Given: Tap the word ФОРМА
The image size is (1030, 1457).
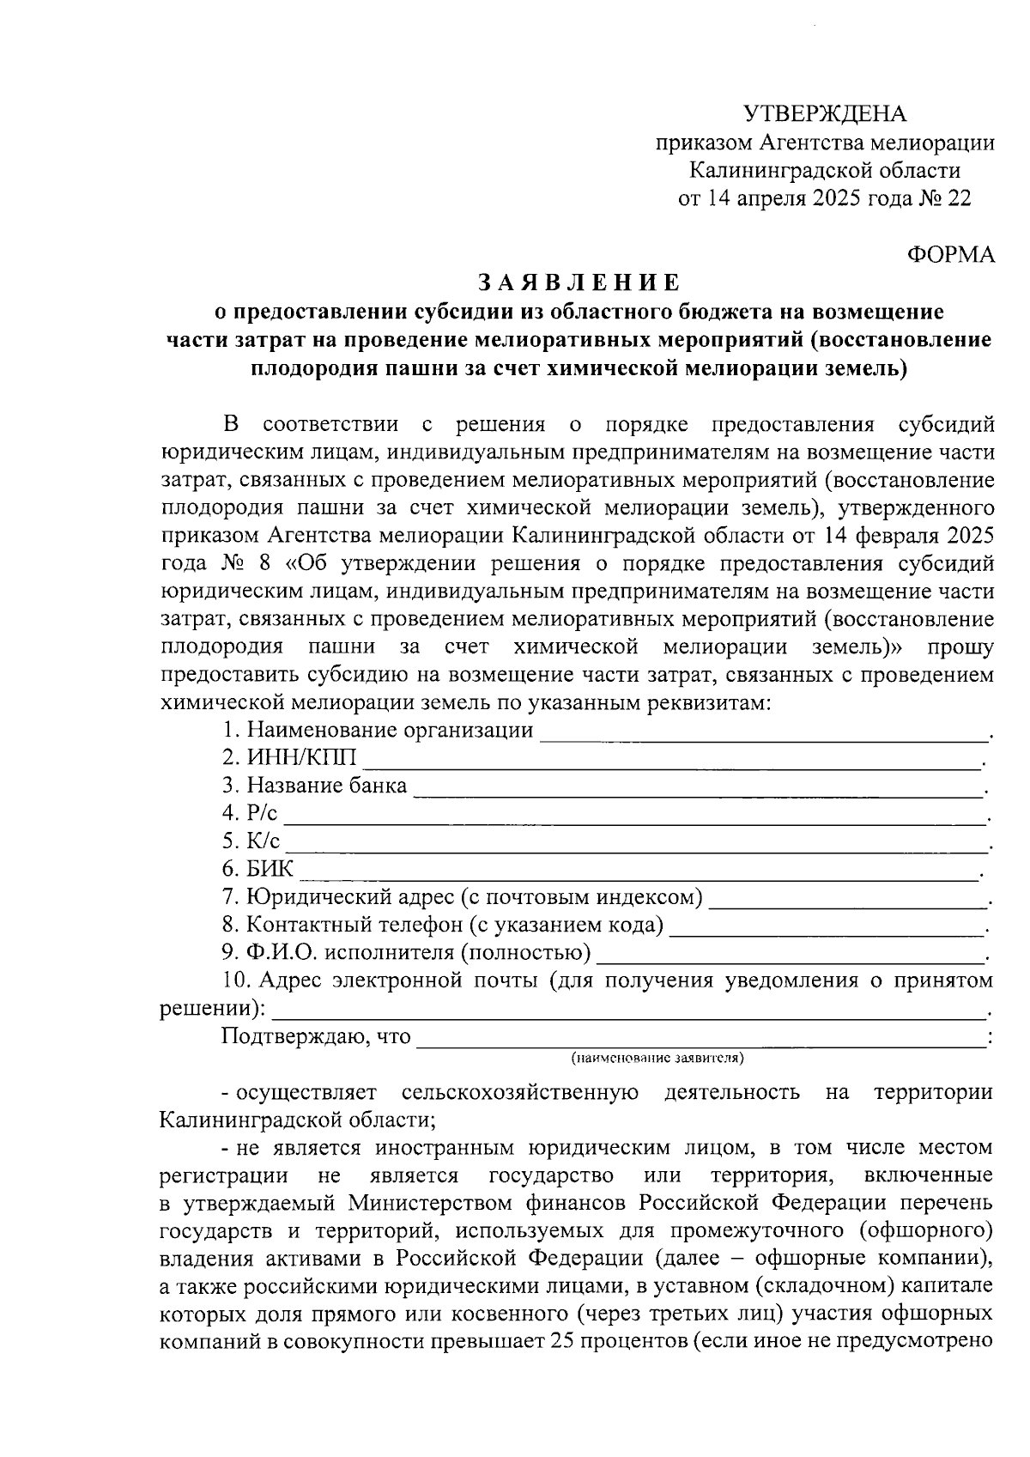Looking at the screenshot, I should pyautogui.click(x=951, y=255).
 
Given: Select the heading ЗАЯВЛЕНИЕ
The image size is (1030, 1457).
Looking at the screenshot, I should pyautogui.click(x=579, y=282).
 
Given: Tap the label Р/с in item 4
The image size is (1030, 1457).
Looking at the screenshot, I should pyautogui.click(x=262, y=814).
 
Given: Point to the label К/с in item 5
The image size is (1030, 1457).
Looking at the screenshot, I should pyautogui.click(x=263, y=841).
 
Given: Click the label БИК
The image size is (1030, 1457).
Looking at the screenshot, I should pyautogui.click(x=270, y=870).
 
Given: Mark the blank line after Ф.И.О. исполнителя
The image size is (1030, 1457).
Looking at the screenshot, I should pyautogui.click(x=790, y=957).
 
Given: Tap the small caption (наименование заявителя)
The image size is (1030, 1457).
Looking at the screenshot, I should pyautogui.click(x=657, y=1058).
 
